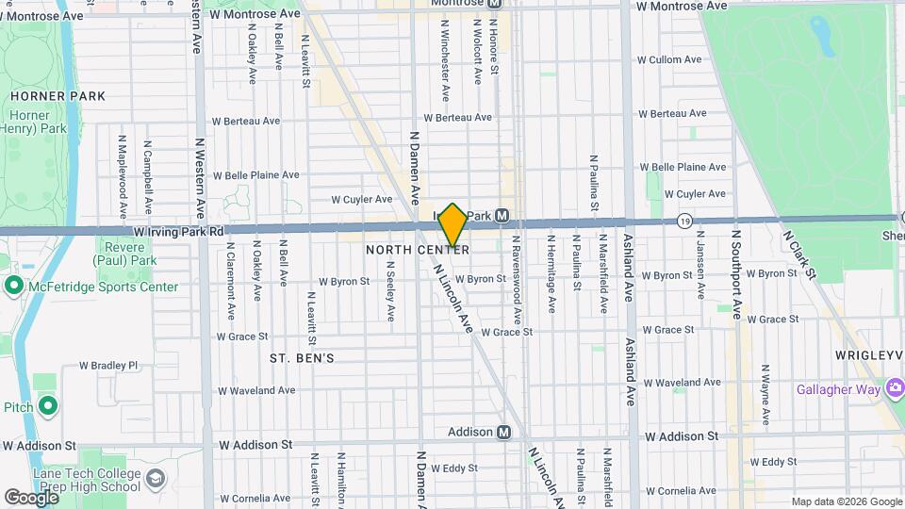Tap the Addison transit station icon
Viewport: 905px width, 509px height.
[504, 432]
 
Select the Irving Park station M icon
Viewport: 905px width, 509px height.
[502, 216]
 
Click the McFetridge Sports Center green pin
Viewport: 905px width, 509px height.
[13, 286]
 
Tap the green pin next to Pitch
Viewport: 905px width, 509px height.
[47, 407]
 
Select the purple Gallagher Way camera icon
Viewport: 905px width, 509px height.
[893, 388]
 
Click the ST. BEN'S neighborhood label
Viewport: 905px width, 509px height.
[302, 358]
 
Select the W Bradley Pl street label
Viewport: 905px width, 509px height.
[108, 365]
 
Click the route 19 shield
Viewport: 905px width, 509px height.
[684, 221]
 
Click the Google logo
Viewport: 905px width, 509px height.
[31, 497]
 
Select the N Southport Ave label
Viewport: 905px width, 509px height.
[736, 273]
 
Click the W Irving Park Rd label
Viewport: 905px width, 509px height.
[178, 231]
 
